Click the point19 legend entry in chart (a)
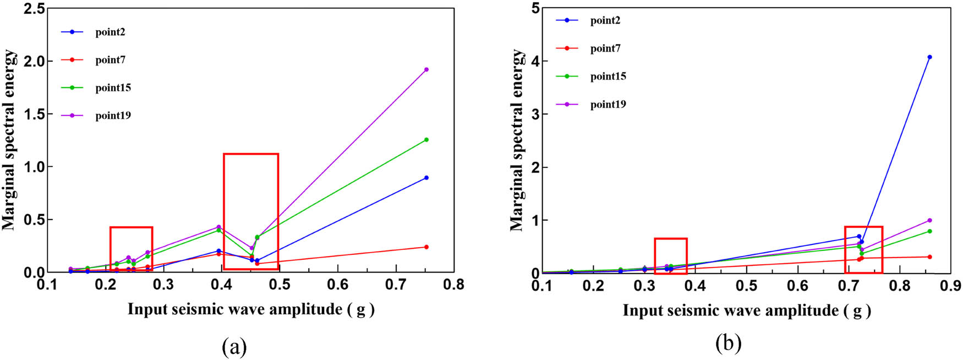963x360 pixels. pyautogui.click(x=113, y=116)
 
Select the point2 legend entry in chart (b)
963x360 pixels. pyautogui.click(x=605, y=21)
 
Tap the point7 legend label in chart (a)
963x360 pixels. pyautogui.click(x=110, y=60)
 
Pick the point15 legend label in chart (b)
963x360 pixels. pyautogui.click(x=608, y=77)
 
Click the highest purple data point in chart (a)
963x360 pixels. pyautogui.click(x=426, y=69)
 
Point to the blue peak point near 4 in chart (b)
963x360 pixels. pyautogui.click(x=929, y=57)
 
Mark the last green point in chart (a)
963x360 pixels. pyautogui.click(x=426, y=140)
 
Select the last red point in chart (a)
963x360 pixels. pyautogui.click(x=426, y=247)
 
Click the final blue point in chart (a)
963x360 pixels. pyautogui.click(x=426, y=178)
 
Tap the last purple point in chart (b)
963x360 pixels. pyautogui.click(x=929, y=220)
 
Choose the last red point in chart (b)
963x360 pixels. pyautogui.click(x=929, y=257)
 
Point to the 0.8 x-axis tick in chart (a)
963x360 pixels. pyautogui.click(x=453, y=285)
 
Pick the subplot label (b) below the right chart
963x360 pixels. pyautogui.click(x=728, y=344)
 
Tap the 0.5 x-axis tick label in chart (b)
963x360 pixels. pyautogui.click(x=747, y=286)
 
